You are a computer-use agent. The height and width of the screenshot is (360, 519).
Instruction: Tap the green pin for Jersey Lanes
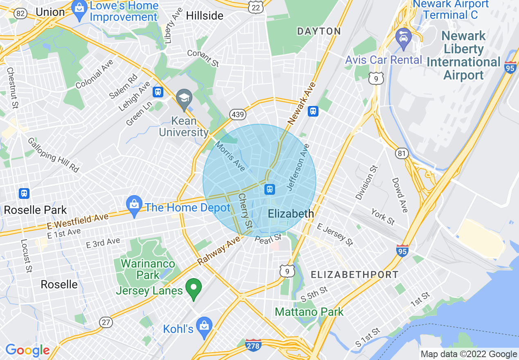click(x=194, y=288)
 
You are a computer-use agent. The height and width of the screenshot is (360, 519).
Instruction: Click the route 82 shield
click(x=20, y=13)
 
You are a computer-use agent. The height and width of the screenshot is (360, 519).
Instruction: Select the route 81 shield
click(x=402, y=153)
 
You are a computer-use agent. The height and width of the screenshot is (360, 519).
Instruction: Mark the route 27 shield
click(x=106, y=322)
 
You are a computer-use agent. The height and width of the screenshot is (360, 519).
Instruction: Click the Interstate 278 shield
click(x=253, y=345)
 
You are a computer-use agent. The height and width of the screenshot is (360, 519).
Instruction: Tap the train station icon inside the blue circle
click(x=270, y=189)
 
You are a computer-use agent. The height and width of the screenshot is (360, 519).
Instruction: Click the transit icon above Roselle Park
click(x=24, y=193)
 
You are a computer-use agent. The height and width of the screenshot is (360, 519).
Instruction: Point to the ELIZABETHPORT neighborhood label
click(x=354, y=274)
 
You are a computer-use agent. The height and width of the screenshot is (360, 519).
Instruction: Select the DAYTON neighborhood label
click(x=319, y=31)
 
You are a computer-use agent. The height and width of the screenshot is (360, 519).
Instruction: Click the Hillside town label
click(x=205, y=16)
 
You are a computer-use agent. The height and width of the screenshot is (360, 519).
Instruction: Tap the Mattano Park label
click(x=309, y=312)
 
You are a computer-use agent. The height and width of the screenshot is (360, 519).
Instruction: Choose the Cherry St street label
click(x=246, y=211)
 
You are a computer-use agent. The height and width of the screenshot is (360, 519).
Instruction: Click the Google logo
click(x=27, y=350)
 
